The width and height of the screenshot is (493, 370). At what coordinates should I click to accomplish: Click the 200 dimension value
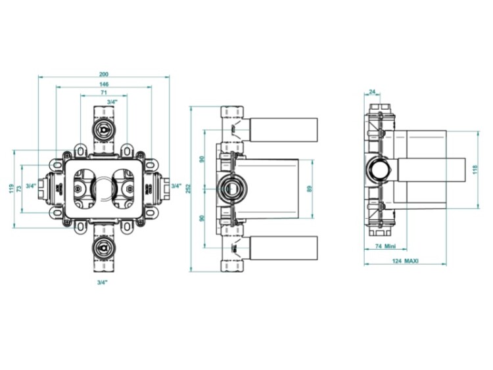point(104,74)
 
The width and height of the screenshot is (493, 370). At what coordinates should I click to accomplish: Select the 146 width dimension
point(104,84)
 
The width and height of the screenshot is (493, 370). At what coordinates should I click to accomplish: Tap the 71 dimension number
point(104,93)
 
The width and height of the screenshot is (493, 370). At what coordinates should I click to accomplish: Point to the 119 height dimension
point(12,189)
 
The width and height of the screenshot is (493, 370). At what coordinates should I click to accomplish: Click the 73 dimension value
point(19,189)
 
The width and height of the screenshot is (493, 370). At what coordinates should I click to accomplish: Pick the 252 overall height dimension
point(188,189)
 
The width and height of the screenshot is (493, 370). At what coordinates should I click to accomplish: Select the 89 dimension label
point(310,189)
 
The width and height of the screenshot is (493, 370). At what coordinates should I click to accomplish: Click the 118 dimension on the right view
point(475,170)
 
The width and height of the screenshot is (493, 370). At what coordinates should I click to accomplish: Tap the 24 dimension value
point(372,92)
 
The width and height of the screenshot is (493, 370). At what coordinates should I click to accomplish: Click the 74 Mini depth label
point(385,246)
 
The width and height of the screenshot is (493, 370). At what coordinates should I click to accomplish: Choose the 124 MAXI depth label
point(406,261)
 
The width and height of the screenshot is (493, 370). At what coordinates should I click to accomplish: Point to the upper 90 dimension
point(202,159)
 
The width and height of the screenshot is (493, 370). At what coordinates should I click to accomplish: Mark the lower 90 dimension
point(202,218)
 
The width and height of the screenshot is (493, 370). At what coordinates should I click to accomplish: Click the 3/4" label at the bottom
point(102,283)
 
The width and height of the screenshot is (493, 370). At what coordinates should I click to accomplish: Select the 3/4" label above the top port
point(112,102)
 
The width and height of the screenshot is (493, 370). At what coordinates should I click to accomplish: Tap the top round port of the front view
point(103,129)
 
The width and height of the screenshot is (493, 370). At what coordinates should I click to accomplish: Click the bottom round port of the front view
point(103,247)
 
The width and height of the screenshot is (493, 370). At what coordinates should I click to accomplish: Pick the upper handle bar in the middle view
point(283,130)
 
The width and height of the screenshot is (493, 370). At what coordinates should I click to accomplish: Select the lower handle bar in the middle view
point(283,248)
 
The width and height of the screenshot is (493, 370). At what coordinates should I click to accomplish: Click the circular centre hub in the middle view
point(233,189)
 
